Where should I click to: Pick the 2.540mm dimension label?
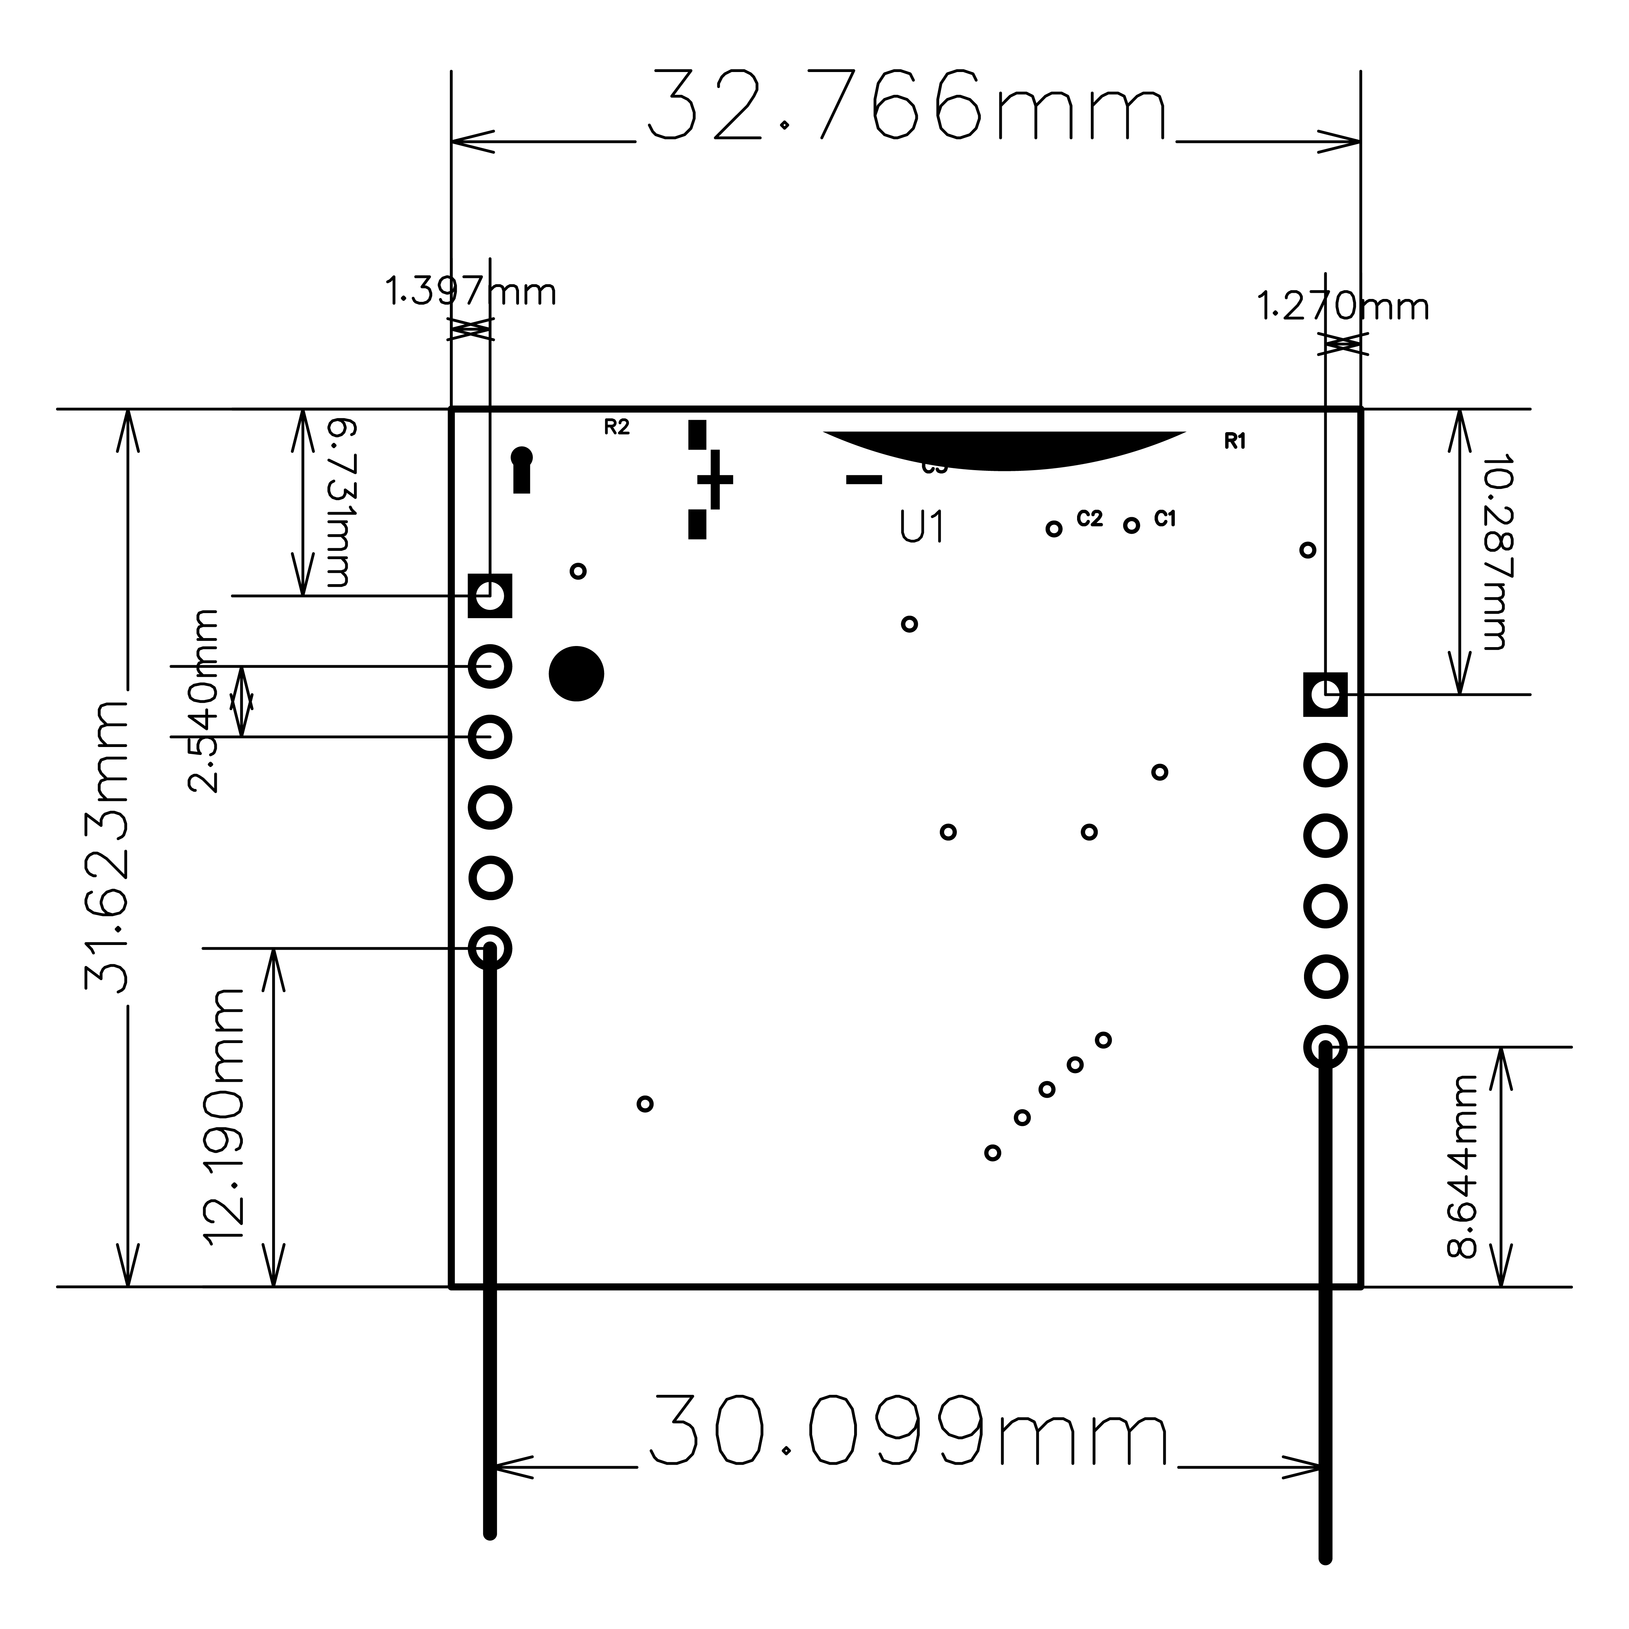(x=202, y=701)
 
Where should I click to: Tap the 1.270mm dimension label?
(x=1342, y=307)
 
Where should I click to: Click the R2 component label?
(x=616, y=427)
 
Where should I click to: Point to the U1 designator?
(x=921, y=528)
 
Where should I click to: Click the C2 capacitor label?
(x=1089, y=519)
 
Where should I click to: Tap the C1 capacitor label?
(x=1164, y=519)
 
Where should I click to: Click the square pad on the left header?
(x=490, y=596)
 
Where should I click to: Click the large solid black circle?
(x=576, y=674)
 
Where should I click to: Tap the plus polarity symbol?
(x=715, y=480)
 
